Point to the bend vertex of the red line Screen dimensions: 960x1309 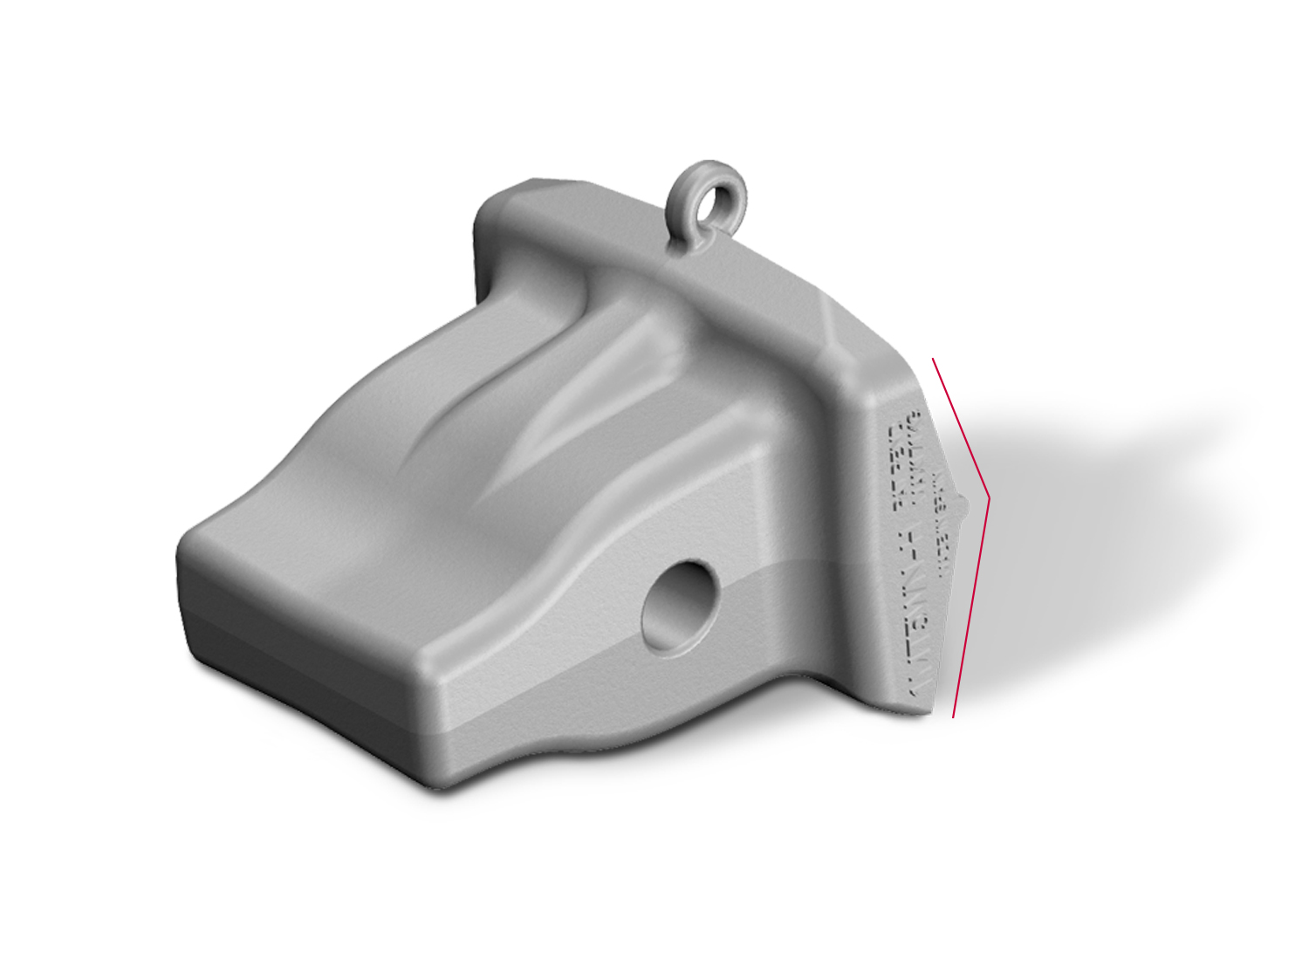(x=989, y=499)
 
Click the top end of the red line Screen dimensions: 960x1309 (x=933, y=359)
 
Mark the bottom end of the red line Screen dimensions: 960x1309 (x=953, y=717)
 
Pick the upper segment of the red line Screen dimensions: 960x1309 (x=960, y=428)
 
